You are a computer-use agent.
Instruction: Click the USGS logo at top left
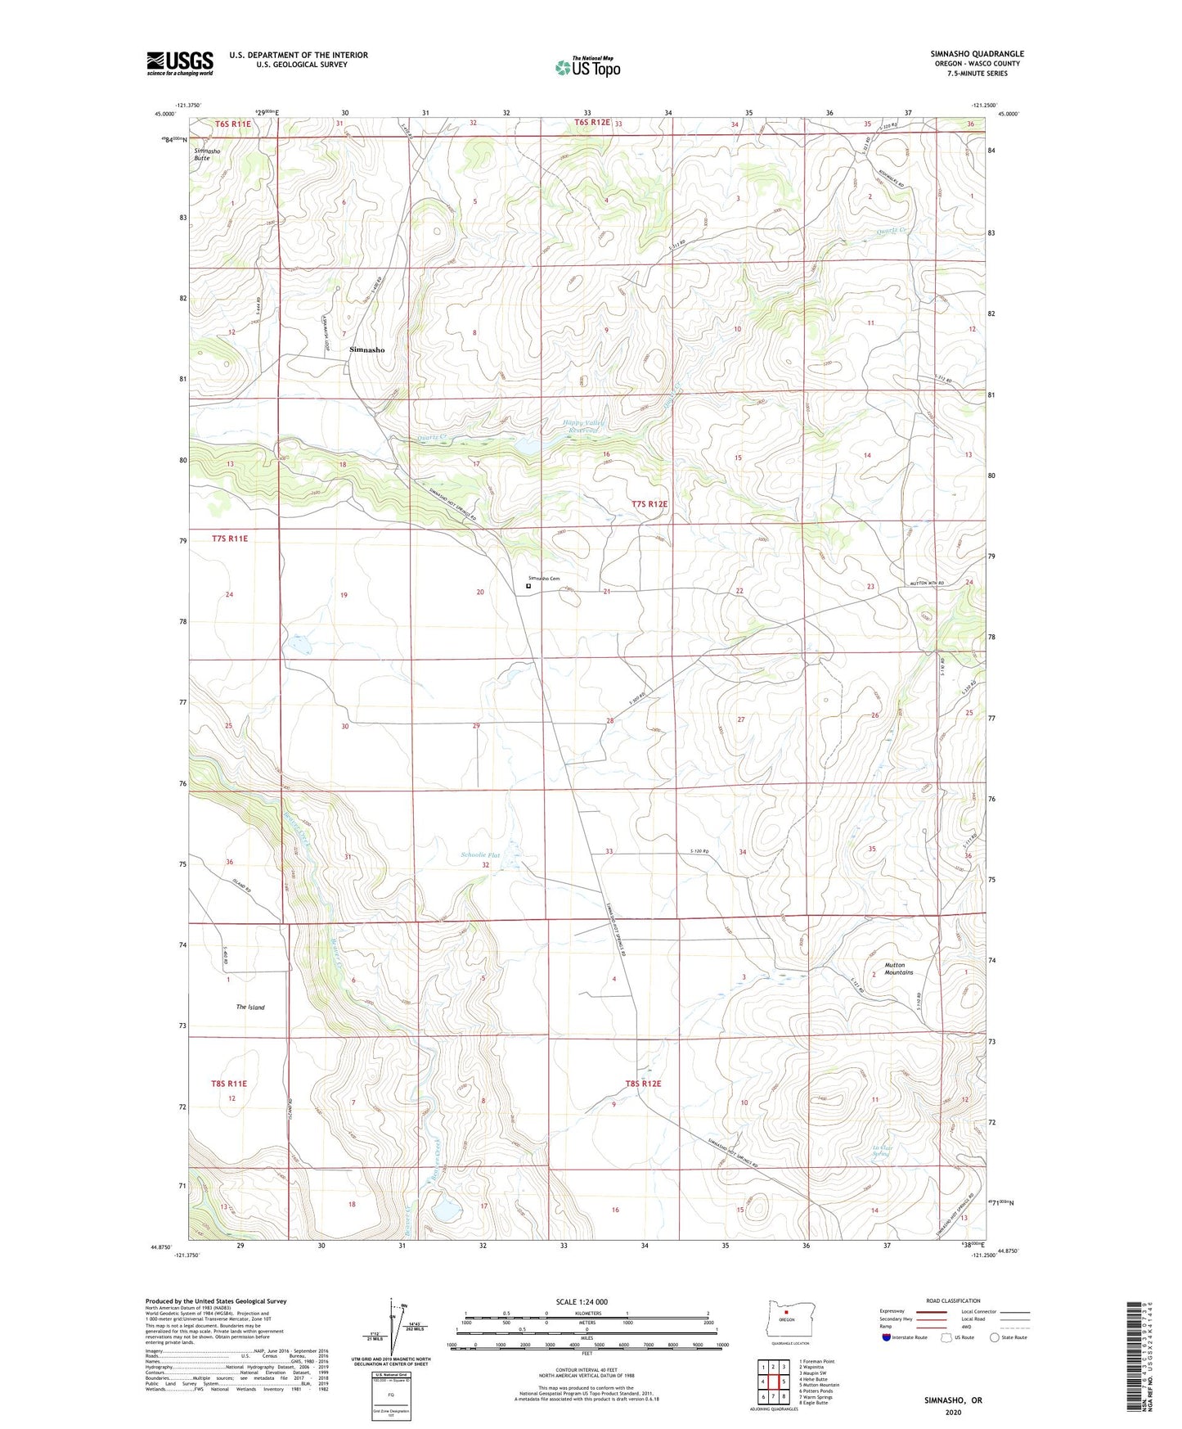coord(180,62)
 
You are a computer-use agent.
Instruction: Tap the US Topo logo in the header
coord(587,67)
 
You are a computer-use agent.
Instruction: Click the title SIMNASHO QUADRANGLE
coord(977,54)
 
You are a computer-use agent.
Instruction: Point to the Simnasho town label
coord(366,349)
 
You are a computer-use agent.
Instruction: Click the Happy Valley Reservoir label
coord(582,426)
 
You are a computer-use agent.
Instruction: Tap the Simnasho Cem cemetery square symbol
coord(528,586)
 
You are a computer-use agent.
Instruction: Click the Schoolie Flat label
coord(479,855)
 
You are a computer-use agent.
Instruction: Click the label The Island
coord(250,1008)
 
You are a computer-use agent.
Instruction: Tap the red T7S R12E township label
coord(649,505)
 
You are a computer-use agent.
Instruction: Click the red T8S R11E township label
coord(229,1084)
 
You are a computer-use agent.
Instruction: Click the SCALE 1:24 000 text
coord(582,1302)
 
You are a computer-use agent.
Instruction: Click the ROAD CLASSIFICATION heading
coord(952,1301)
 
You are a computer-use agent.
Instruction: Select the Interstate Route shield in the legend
coord(887,1337)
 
